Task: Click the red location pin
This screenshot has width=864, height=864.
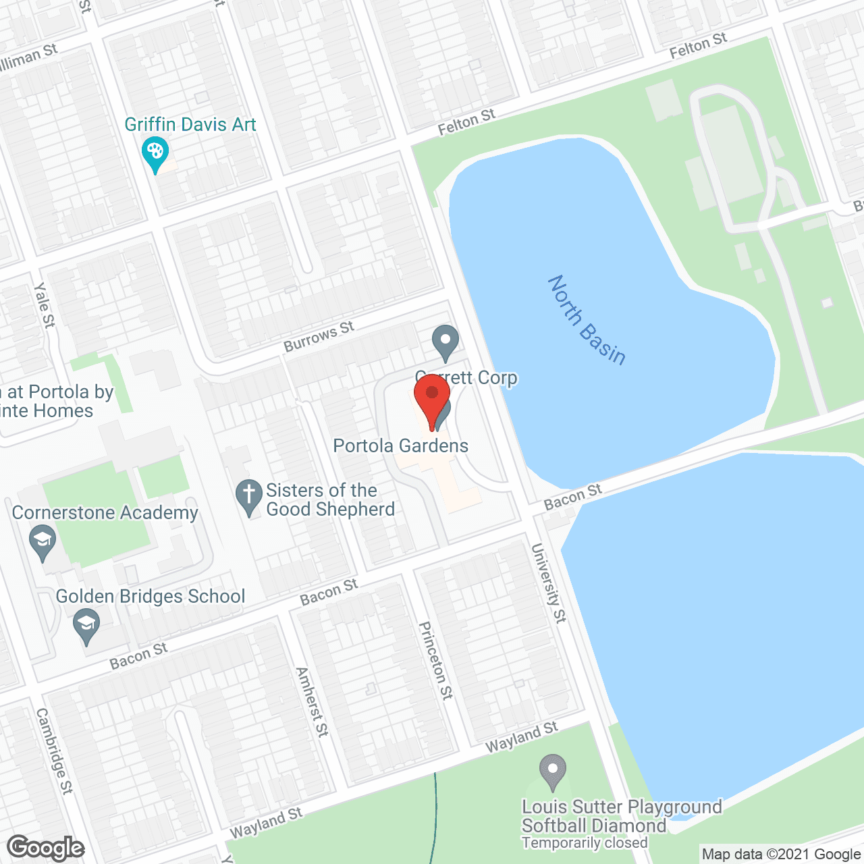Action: click(x=432, y=398)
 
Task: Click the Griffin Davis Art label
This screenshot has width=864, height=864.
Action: click(x=190, y=125)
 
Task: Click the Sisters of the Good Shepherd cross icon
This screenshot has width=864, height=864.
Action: click(x=249, y=496)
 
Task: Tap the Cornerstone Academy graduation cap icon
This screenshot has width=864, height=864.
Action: click(x=43, y=542)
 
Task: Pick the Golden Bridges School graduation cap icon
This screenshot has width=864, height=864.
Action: click(x=86, y=625)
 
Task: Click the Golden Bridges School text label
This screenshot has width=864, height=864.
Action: click(x=151, y=597)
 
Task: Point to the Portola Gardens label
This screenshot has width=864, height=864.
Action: click(x=400, y=446)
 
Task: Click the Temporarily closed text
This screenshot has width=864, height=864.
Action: click(x=585, y=843)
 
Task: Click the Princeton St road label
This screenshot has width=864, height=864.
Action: click(x=436, y=660)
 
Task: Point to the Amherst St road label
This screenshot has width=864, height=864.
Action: click(x=312, y=702)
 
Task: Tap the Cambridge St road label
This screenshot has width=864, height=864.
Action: click(x=54, y=751)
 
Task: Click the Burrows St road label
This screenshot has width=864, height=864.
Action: click(x=319, y=337)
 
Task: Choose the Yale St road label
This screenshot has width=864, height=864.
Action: click(x=44, y=306)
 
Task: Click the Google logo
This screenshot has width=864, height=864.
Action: click(x=46, y=848)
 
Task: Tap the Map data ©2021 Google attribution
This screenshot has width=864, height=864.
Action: click(x=781, y=855)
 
